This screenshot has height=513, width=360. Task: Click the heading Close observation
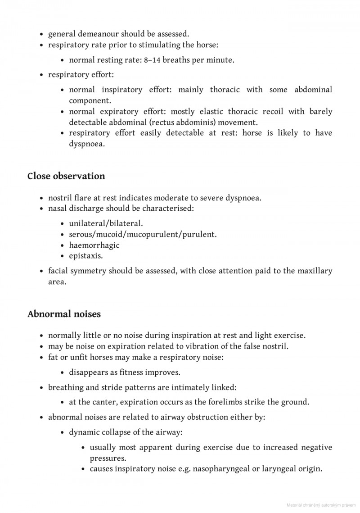66,176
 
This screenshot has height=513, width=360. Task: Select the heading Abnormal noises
64,314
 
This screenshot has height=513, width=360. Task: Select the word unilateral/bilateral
106,223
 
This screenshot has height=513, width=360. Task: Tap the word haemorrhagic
94,245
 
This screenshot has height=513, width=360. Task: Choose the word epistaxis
86,256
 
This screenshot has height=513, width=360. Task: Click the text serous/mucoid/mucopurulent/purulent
143,234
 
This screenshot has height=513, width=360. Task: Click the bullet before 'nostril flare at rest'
41,199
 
